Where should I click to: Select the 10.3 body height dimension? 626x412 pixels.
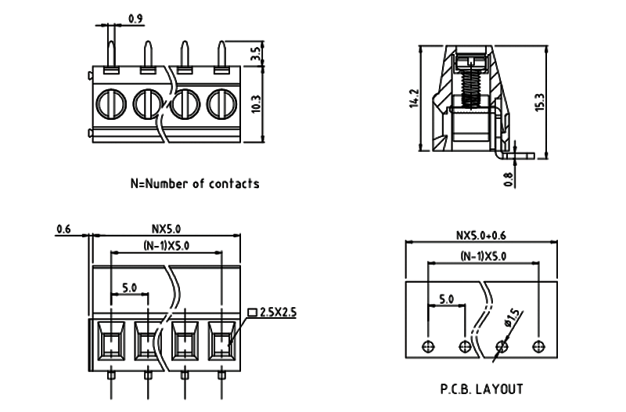[256, 103]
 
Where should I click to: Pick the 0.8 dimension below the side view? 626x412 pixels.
[509, 179]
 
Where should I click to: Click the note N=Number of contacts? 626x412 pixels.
[194, 184]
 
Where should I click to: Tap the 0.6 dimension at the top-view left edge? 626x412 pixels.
[64, 229]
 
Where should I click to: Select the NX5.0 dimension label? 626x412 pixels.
[166, 229]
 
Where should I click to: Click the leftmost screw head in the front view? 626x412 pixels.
[109, 103]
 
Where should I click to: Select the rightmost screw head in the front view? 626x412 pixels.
[221, 103]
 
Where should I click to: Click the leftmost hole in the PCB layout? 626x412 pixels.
[427, 346]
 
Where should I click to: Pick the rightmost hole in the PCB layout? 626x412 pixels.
[538, 346]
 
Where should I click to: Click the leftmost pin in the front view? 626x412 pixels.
[110, 55]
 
